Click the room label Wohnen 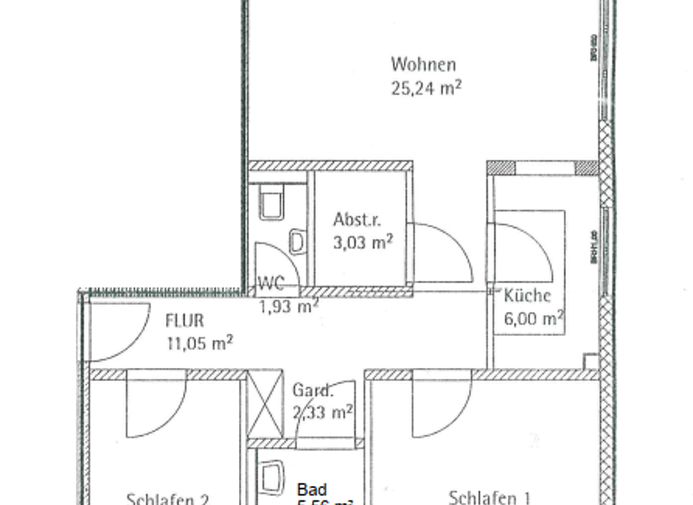click(x=422, y=65)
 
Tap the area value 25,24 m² click(x=426, y=88)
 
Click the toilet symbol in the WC click(x=272, y=203)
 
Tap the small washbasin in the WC click(x=296, y=242)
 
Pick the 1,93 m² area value click(x=289, y=307)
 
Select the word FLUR click(x=184, y=320)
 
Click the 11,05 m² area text click(x=200, y=342)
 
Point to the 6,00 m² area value click(x=534, y=317)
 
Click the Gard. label click(x=312, y=391)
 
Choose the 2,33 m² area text click(x=322, y=413)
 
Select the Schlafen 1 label click(x=489, y=497)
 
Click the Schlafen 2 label click(x=169, y=498)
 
